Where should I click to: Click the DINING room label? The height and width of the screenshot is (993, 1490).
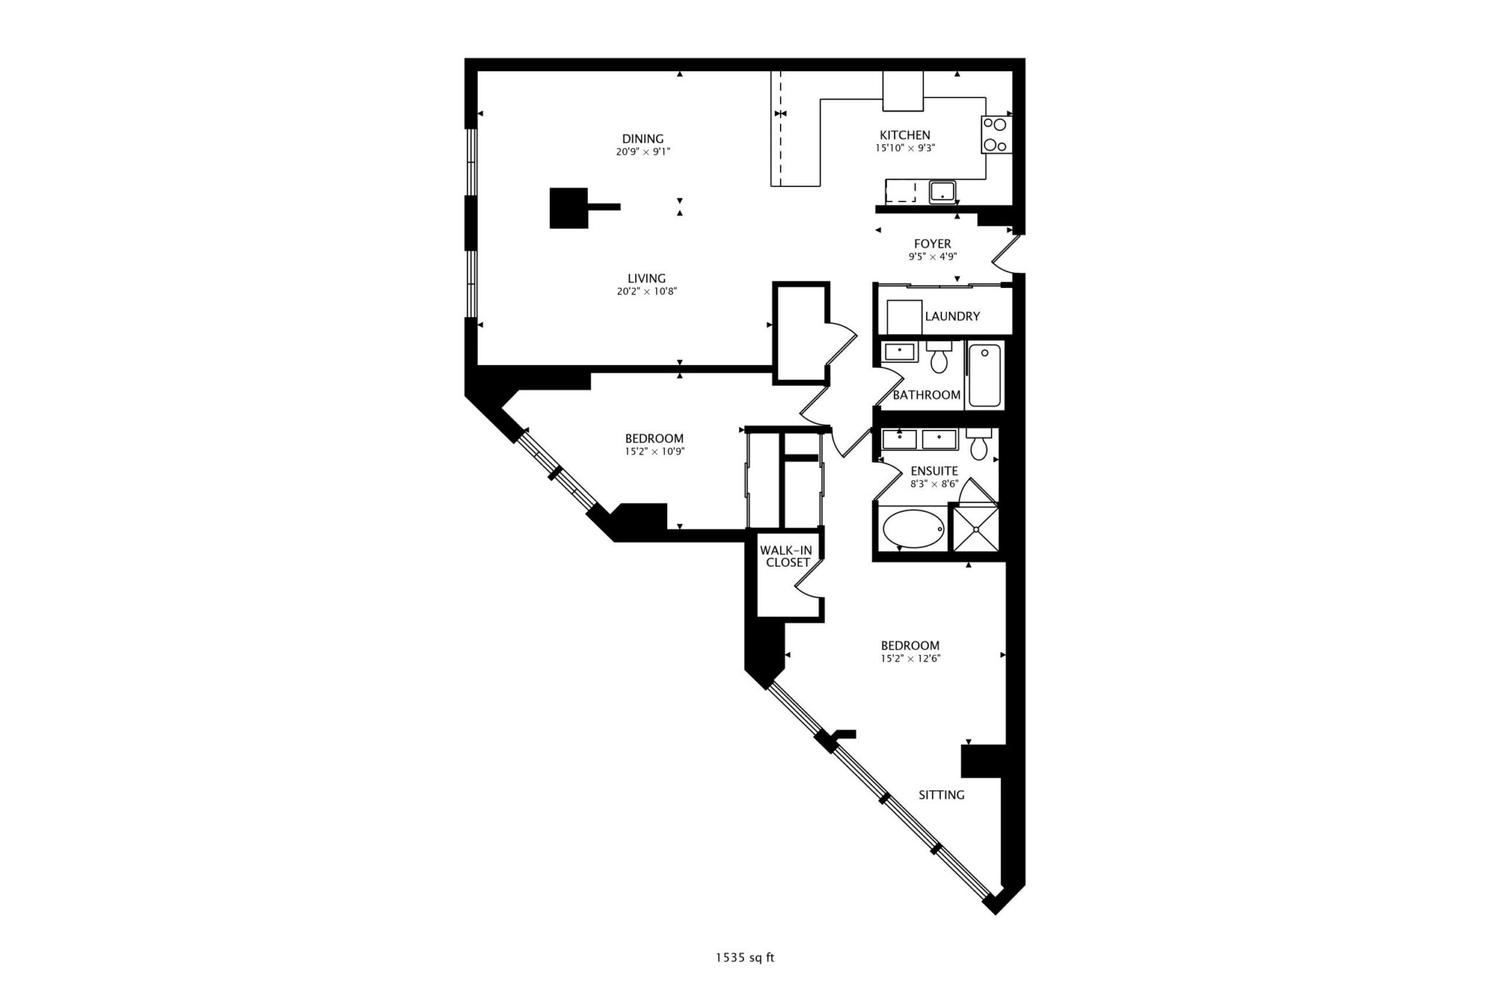642,138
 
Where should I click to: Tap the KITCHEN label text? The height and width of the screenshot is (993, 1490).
904,135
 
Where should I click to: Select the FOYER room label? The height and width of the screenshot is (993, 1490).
932,244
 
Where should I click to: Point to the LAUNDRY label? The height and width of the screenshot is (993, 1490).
952,316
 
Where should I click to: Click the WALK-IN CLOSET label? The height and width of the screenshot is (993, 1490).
786,557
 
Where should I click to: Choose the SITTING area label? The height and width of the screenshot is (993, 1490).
941,795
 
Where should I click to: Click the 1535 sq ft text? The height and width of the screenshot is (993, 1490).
745,958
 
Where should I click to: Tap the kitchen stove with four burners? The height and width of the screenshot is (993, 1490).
996,135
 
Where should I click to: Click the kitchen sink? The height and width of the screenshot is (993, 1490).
943,192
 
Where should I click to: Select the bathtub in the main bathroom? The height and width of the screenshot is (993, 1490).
984,375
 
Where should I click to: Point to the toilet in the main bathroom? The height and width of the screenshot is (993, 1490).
939,356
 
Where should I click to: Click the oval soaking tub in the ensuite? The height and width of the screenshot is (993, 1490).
914,529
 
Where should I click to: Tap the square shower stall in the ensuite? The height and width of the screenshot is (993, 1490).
975,527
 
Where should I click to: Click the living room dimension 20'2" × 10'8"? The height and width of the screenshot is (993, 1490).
647,292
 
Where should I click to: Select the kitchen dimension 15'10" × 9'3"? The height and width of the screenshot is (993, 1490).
905,148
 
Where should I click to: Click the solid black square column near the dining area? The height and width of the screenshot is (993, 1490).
568,208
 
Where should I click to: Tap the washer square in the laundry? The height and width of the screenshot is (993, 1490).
904,317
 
